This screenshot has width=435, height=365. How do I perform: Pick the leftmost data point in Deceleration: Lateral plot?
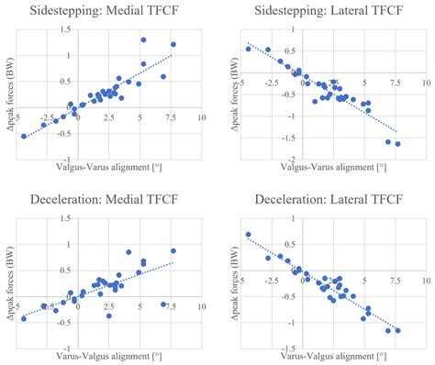click(248, 235)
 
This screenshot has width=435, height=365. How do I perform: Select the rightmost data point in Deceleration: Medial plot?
click(173, 251)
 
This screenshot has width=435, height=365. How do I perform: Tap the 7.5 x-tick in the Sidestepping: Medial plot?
click(172, 117)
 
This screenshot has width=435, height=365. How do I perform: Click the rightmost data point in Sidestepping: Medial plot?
click(173, 44)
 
